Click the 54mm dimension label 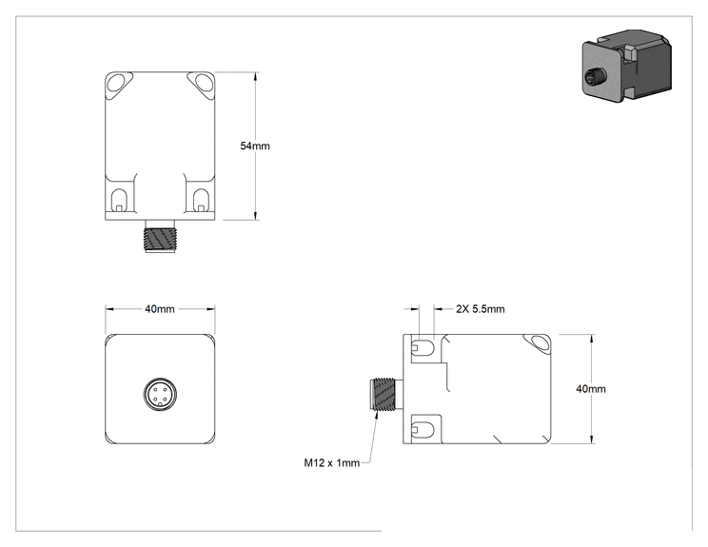point(255,146)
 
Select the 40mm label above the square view point(159,309)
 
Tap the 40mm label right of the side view point(591,388)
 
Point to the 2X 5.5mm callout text point(480,309)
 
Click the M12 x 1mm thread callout point(332,462)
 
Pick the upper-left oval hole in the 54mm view point(118,82)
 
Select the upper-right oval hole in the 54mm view point(203,82)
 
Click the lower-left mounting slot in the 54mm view point(119,200)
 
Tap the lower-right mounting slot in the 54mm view point(201,200)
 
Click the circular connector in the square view point(160,395)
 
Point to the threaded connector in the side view point(383,394)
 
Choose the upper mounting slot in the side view point(423,346)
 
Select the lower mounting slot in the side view point(423,429)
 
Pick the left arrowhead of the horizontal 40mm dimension point(110,309)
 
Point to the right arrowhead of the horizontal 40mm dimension point(210,309)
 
